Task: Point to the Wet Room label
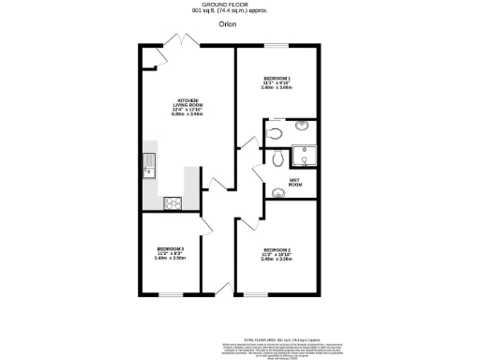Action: pos(294,183)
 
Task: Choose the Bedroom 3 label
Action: pos(170,252)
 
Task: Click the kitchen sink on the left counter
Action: pos(148,169)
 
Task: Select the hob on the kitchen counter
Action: pos(172,202)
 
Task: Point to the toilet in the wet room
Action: pos(275,160)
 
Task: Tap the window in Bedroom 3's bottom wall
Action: pos(170,293)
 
